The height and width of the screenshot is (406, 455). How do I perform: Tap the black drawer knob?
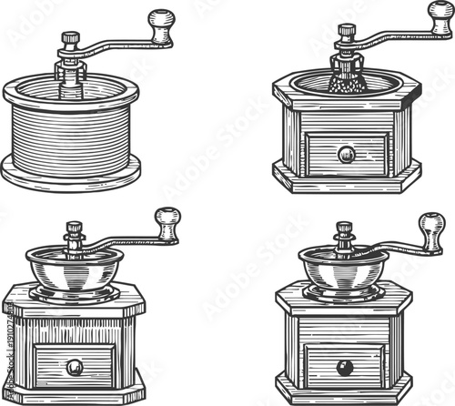coord(345,367)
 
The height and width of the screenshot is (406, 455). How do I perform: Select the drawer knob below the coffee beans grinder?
coord(346,154)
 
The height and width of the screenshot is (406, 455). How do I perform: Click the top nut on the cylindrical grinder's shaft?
coord(69,37)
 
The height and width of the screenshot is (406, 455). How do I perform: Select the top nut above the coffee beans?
coord(345,29)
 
